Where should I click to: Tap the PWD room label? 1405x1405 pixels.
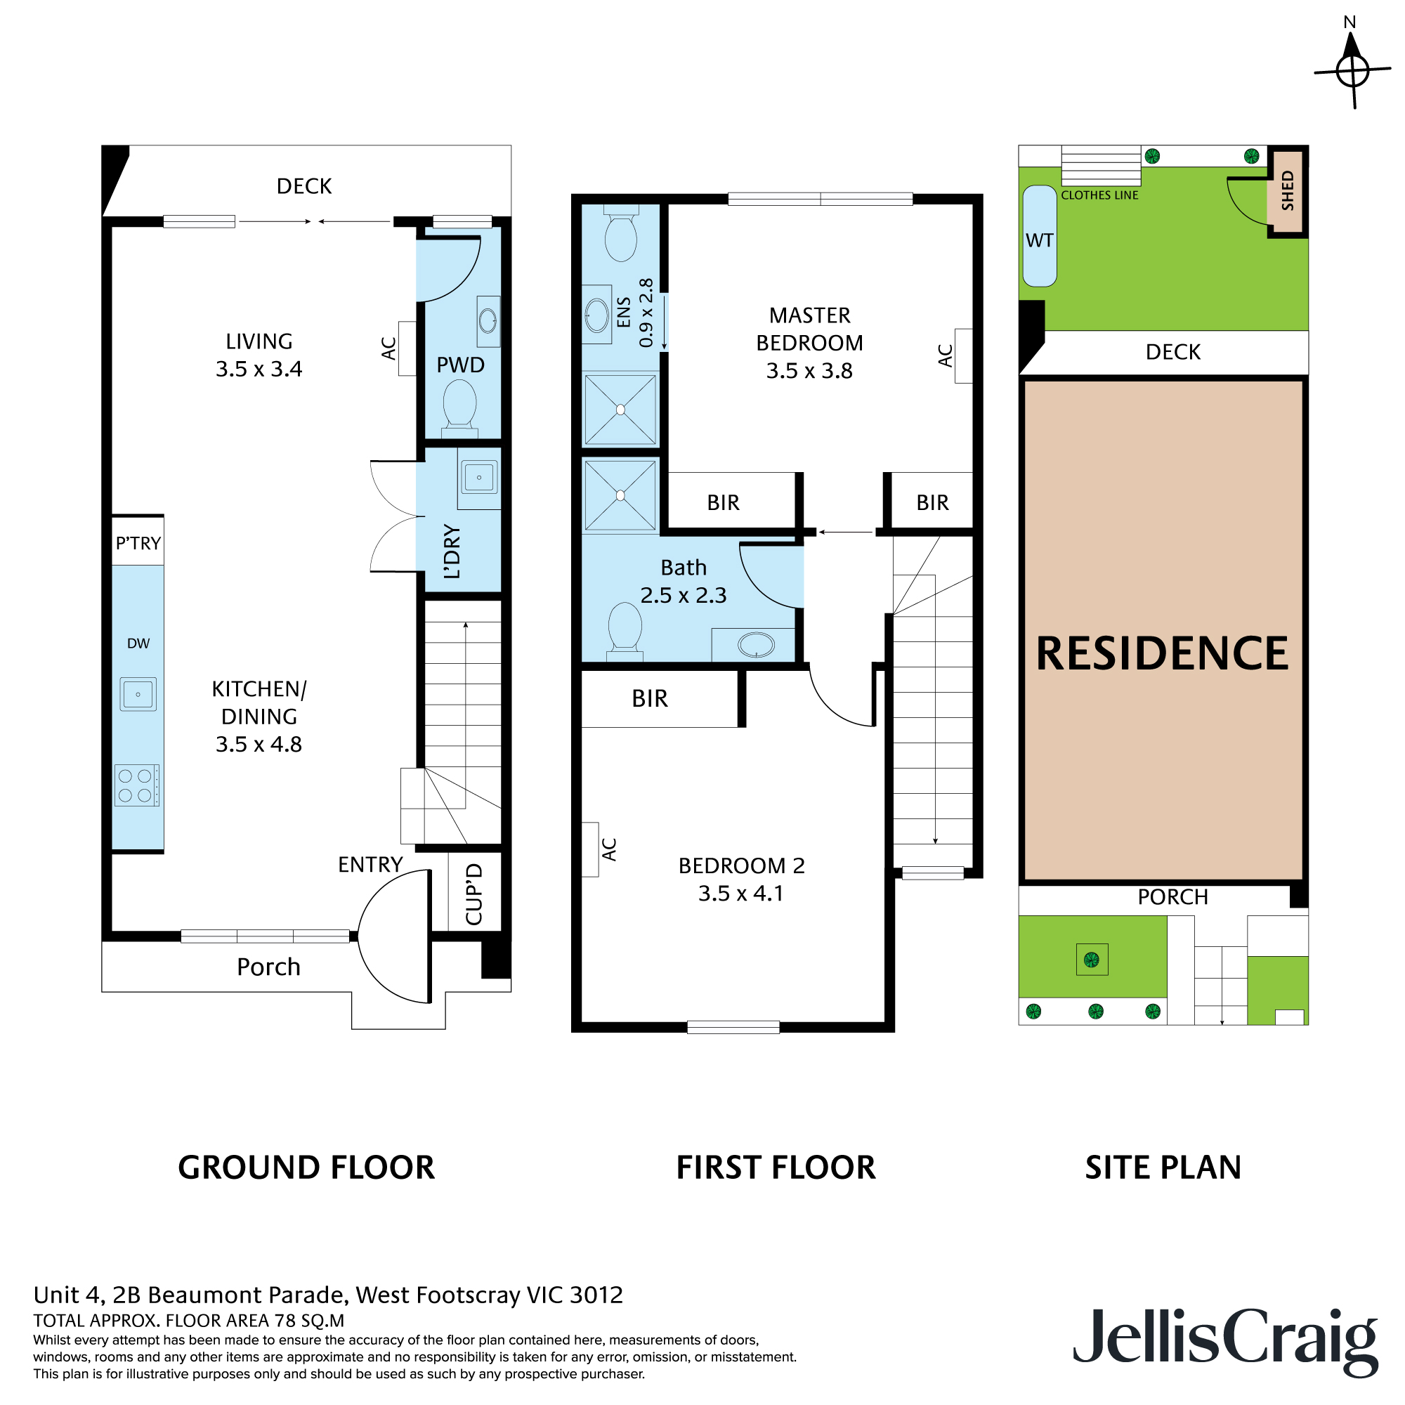click(x=460, y=365)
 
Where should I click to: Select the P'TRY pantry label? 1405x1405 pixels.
click(x=138, y=543)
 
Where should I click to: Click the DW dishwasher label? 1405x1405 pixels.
click(x=138, y=643)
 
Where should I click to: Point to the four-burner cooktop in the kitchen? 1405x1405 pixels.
click(x=137, y=785)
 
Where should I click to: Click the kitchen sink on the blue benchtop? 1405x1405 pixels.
click(x=138, y=694)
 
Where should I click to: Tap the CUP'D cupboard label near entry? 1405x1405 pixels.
click(x=473, y=894)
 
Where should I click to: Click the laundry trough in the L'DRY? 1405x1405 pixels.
click(x=478, y=478)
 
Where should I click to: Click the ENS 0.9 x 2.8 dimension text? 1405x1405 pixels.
click(x=634, y=313)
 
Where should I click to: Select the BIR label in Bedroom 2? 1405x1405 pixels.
click(x=649, y=699)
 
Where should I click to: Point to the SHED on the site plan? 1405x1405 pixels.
click(x=1287, y=191)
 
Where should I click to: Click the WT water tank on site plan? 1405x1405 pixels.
click(x=1039, y=236)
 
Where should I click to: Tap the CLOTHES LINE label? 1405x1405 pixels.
click(x=1099, y=195)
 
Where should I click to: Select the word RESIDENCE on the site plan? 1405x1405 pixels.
click(x=1162, y=653)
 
